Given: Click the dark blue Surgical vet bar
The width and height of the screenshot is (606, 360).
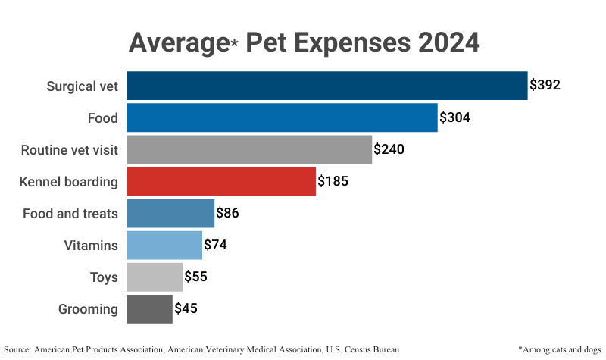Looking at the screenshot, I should click(x=326, y=86).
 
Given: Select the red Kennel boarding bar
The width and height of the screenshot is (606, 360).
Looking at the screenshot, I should click(x=220, y=182).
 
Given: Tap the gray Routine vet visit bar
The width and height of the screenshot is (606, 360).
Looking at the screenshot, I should click(x=248, y=149).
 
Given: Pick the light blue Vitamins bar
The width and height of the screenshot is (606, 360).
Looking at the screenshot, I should click(x=164, y=246).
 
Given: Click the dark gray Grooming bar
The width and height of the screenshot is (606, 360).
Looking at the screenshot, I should click(x=149, y=309).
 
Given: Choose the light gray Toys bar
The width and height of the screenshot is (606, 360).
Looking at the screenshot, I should click(x=154, y=277).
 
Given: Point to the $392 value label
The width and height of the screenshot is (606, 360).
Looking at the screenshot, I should click(x=545, y=85).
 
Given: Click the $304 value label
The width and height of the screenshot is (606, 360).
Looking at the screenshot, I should click(x=454, y=117).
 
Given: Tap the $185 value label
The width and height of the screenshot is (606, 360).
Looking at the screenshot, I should click(x=333, y=182).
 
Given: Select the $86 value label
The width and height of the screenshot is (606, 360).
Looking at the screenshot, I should click(x=227, y=214).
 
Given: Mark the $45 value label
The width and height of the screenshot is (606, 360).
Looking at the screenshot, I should click(x=186, y=309).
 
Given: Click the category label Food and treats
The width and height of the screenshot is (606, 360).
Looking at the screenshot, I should click(x=71, y=214).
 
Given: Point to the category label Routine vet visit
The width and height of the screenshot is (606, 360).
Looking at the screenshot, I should click(x=69, y=150).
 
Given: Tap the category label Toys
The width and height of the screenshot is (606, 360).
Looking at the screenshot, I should click(x=104, y=277).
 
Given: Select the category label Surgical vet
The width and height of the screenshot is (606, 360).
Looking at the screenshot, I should click(x=83, y=86).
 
